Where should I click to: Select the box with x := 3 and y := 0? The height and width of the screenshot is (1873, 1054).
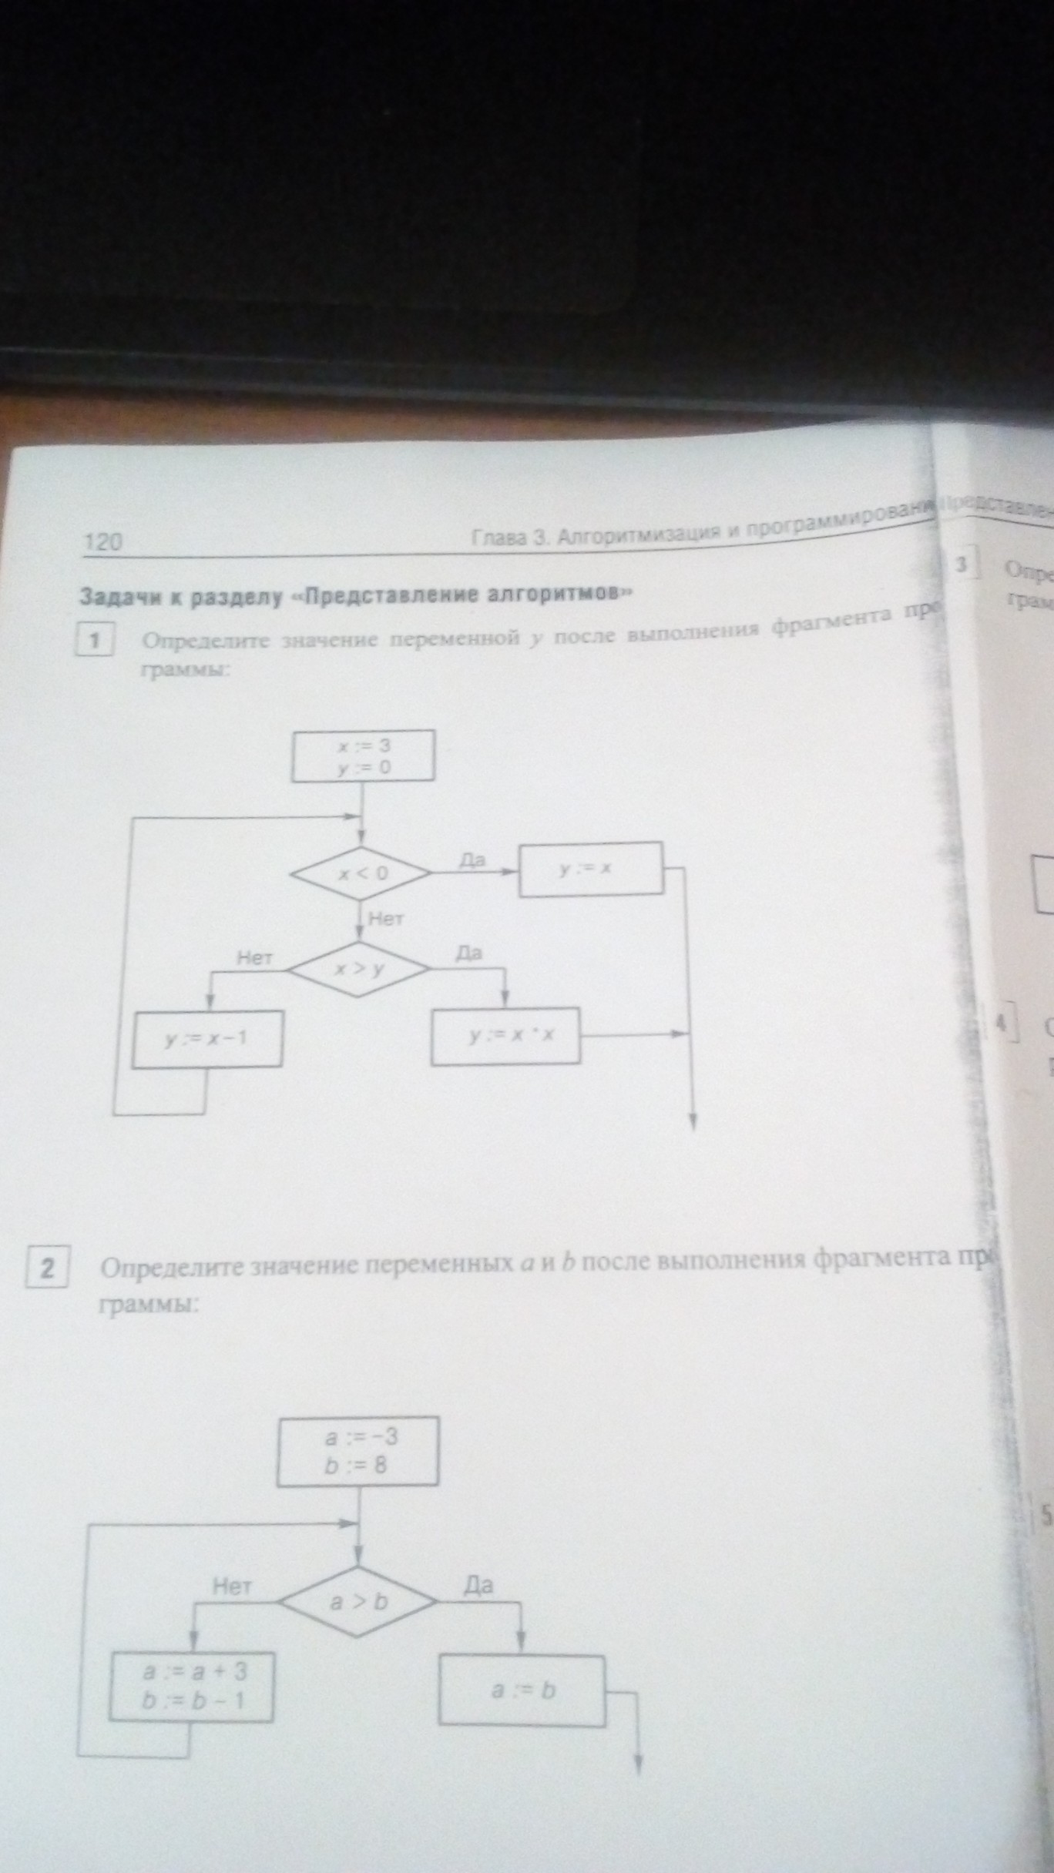(363, 756)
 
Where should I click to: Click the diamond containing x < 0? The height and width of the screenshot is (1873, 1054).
(361, 873)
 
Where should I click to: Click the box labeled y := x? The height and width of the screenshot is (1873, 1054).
(591, 869)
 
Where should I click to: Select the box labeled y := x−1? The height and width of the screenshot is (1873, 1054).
(206, 1039)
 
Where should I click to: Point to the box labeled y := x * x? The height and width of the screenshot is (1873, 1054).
(505, 1037)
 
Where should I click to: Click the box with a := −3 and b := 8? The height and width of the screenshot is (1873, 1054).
(357, 1451)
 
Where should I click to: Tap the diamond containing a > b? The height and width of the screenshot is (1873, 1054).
(358, 1603)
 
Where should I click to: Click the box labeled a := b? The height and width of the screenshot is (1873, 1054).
(522, 1690)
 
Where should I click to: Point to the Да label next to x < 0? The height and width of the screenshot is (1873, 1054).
(472, 860)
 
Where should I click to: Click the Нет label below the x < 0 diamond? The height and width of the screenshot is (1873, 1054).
(386, 918)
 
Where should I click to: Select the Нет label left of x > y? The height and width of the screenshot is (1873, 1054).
(255, 958)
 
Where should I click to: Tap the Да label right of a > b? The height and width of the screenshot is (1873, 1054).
(478, 1585)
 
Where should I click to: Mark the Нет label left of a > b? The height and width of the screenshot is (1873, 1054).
(232, 1586)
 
